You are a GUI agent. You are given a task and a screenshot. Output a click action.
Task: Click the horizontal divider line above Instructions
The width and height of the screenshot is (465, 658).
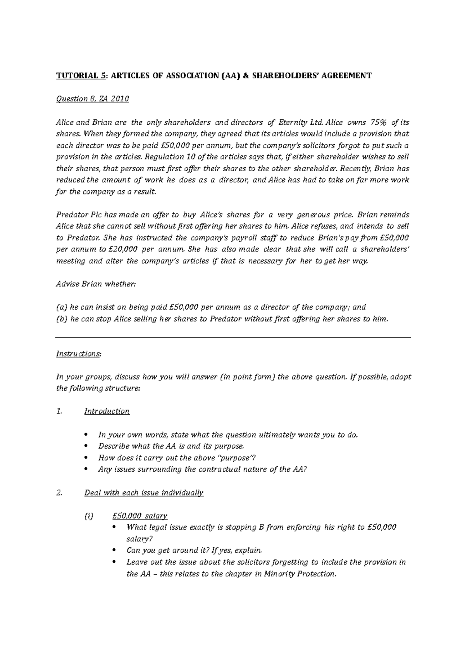coord(233,338)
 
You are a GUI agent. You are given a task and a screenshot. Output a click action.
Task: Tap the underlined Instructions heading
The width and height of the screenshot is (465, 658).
coord(78,354)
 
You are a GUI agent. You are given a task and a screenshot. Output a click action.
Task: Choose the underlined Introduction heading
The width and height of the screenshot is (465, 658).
coord(107,411)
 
